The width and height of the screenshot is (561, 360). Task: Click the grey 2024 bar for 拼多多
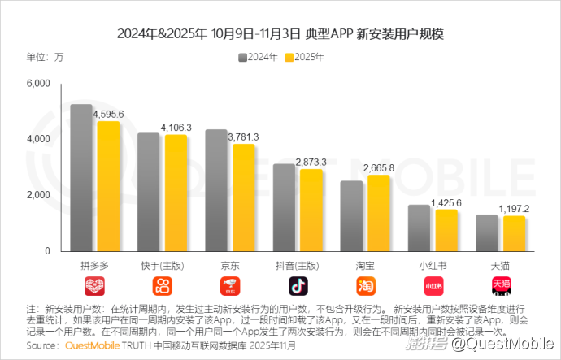coord(81,178)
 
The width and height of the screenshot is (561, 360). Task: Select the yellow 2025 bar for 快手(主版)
coord(176,193)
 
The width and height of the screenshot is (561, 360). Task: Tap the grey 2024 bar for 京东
coord(216,191)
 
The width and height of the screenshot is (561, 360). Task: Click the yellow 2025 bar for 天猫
coord(514,233)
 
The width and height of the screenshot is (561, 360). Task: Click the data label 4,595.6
coord(108,115)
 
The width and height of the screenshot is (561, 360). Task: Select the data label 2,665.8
coord(379,167)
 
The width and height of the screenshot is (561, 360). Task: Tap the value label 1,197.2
coord(514,209)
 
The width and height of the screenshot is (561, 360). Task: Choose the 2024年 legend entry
coord(259,58)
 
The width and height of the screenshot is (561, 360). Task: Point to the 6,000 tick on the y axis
coord(38,84)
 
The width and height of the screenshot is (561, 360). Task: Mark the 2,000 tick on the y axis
coord(38,195)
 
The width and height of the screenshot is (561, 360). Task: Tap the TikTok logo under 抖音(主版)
coord(298,286)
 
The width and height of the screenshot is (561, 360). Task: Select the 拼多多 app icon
coord(95,286)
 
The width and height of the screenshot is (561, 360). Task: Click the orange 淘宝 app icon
coord(366,286)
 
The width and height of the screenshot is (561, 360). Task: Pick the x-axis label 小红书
coord(433,266)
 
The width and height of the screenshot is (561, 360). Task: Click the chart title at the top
coord(280,34)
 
